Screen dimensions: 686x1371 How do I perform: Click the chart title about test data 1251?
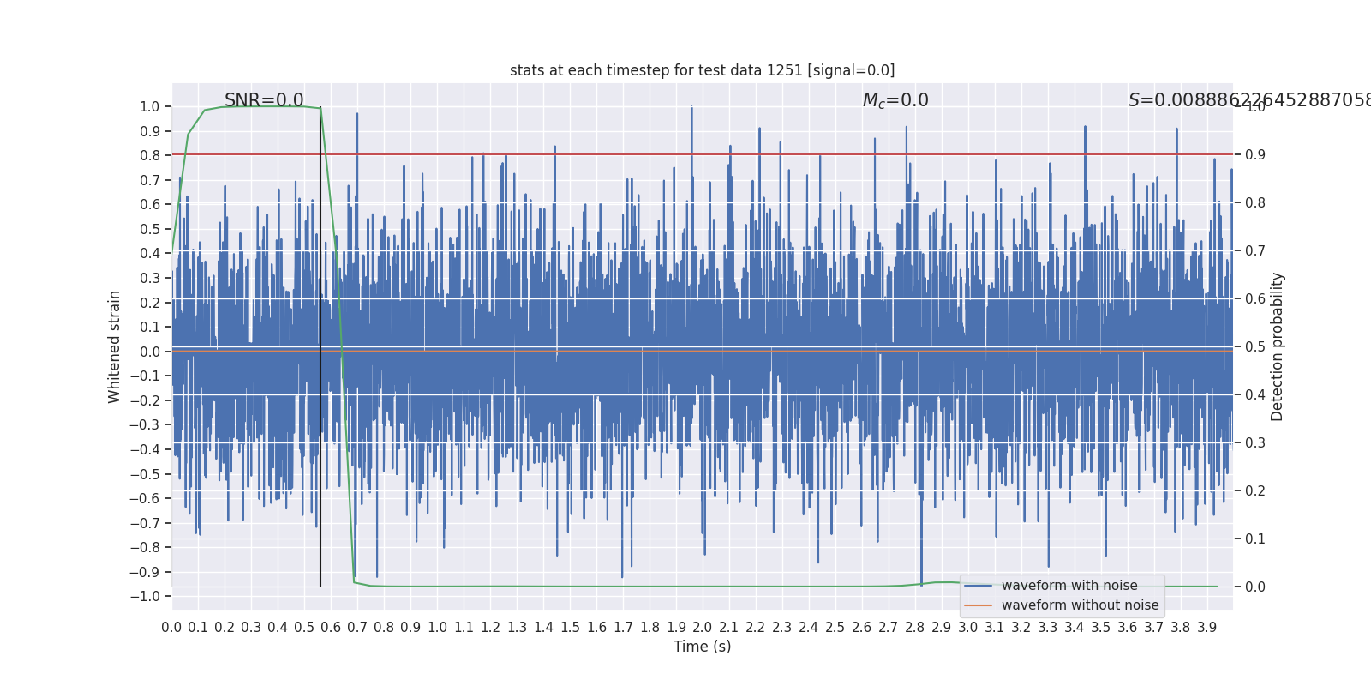tap(702, 70)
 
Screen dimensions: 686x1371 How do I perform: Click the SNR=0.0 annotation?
tap(264, 100)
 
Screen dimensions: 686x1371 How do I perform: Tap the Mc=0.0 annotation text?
tap(895, 100)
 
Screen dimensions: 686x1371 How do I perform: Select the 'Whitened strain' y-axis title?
tap(115, 346)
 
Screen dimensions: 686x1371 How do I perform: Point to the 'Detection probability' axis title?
tap(1278, 346)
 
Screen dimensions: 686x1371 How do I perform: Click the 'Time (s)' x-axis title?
tap(702, 647)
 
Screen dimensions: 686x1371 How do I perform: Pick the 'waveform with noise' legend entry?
tap(1069, 586)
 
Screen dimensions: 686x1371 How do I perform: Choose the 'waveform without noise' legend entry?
tap(1080, 605)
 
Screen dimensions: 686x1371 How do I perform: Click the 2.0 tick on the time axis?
tap(703, 628)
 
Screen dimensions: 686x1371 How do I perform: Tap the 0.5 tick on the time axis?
tap(304, 628)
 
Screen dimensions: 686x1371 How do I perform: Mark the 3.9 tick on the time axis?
tap(1207, 628)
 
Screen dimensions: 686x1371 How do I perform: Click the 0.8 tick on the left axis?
tap(150, 156)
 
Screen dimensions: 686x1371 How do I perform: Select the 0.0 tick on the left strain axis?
tap(150, 352)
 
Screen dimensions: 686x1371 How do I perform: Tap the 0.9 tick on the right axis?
tap(1255, 155)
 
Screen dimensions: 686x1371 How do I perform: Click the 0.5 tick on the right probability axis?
tap(1255, 347)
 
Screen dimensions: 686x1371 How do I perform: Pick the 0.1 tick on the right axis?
tap(1255, 539)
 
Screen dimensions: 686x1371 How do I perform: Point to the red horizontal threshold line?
tap(771, 155)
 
